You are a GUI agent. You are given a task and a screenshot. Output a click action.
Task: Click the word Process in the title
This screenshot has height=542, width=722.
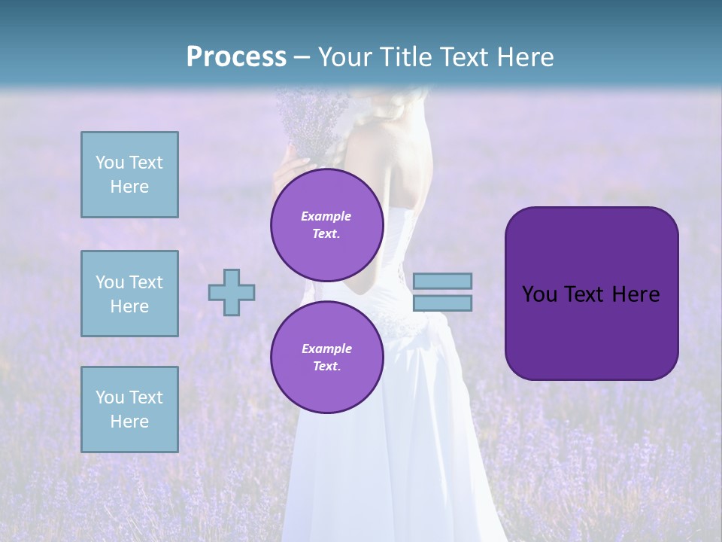236,57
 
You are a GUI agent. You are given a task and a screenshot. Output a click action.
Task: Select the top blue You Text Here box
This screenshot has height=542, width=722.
129,175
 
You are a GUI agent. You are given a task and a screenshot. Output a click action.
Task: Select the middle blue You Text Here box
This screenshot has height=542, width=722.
129,294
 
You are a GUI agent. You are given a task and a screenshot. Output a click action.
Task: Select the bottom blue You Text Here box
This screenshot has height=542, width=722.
129,410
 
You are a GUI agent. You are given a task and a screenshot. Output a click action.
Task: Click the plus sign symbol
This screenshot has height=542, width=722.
232,292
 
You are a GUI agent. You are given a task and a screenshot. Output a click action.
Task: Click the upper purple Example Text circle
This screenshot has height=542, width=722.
326,224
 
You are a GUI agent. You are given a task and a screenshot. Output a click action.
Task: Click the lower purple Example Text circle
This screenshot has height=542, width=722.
326,357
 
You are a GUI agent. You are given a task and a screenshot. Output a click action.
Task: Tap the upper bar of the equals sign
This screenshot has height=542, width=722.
442,281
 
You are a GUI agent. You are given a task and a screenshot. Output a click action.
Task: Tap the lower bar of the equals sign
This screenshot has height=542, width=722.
442,303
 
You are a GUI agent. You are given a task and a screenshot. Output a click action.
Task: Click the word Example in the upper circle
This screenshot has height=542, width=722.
326,216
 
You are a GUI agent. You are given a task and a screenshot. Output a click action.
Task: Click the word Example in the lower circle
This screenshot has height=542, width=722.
326,349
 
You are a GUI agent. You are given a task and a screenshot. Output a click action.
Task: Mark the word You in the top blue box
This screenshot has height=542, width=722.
110,163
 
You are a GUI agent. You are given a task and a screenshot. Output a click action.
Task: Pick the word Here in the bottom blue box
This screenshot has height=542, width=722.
129,422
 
